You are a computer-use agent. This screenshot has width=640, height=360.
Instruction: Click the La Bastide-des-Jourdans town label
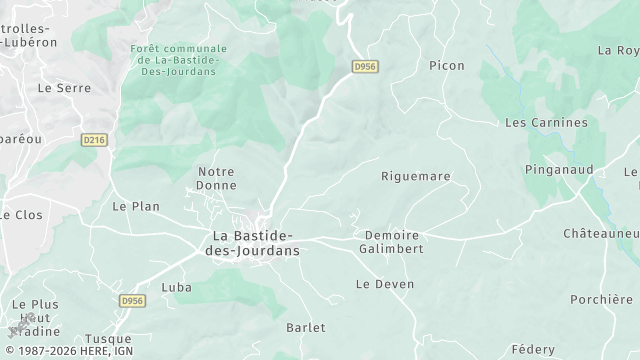tap(252, 243)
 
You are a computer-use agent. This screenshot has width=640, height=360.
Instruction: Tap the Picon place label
tap(446, 66)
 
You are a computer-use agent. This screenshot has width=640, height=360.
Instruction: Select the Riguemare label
tap(416, 176)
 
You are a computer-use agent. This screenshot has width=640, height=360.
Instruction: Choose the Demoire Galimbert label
tap(390, 242)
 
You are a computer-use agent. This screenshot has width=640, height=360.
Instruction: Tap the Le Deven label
tap(385, 284)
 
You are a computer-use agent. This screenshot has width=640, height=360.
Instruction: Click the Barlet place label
tap(306, 328)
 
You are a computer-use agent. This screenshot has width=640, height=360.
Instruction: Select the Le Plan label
tap(136, 206)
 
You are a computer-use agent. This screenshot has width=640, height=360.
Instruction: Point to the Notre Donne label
tap(216, 179)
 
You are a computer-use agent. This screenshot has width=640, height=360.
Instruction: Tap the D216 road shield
tap(94, 141)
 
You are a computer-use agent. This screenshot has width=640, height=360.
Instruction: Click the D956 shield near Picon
tap(366, 66)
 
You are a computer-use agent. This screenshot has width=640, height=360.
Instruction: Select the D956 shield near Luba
tap(131, 300)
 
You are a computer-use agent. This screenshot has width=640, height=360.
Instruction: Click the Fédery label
tap(532, 349)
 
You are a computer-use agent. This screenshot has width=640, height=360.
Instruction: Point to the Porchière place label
tap(601, 298)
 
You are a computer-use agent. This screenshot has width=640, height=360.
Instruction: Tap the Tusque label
tap(108, 339)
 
